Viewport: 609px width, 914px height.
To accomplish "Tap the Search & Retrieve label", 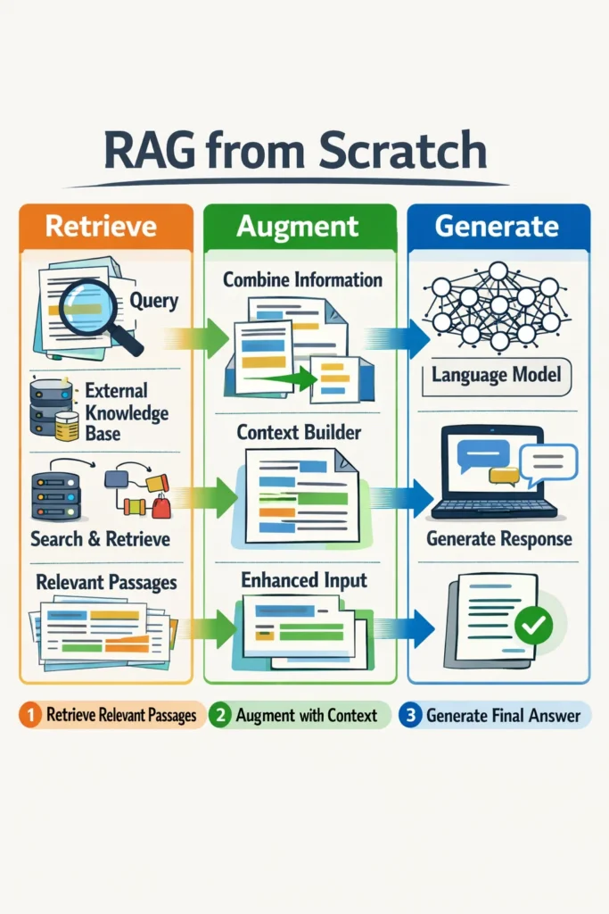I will click(x=100, y=539).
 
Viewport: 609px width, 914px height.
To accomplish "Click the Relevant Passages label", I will click(x=106, y=583).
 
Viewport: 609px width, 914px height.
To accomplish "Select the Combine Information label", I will click(x=302, y=279).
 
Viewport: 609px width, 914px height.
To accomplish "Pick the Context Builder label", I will click(x=299, y=432).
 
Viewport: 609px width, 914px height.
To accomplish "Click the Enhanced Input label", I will click(x=303, y=580).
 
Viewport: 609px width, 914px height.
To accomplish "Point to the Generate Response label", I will click(x=498, y=539).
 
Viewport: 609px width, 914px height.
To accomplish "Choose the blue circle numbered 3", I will click(x=410, y=715).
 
